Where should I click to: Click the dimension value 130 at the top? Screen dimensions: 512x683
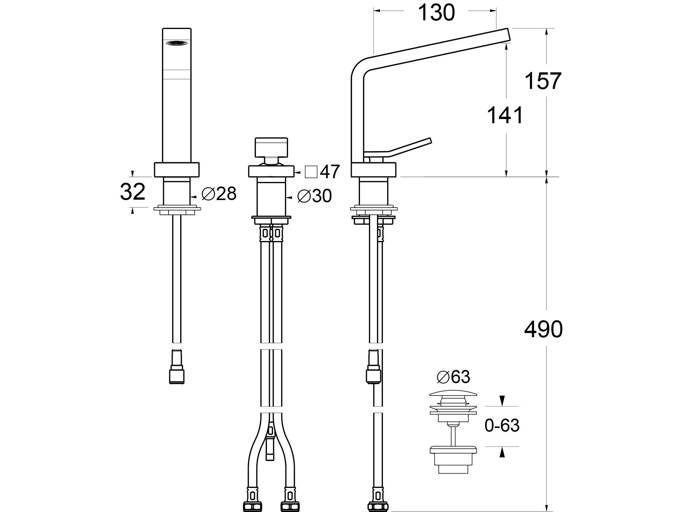(x=436, y=13)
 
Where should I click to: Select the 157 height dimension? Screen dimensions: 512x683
(x=543, y=81)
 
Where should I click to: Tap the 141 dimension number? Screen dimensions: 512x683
(x=505, y=115)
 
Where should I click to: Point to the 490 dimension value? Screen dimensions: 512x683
(x=543, y=329)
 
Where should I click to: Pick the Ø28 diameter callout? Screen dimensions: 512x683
(x=219, y=194)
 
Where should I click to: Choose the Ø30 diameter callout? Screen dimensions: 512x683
(x=314, y=196)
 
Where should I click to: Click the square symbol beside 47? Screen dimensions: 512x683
(x=311, y=172)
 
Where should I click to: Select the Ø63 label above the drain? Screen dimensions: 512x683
(x=453, y=376)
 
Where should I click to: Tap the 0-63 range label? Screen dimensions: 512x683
(x=502, y=426)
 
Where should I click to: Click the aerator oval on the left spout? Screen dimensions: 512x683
(x=177, y=43)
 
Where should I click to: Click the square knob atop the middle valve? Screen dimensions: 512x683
(x=271, y=148)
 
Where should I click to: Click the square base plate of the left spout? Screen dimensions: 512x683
(x=177, y=170)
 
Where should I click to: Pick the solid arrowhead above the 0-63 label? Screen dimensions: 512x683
(x=502, y=400)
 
